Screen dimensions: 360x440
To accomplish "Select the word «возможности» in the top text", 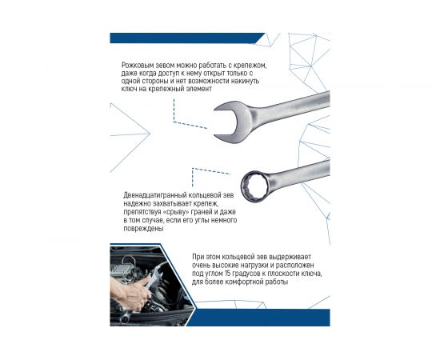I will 211,82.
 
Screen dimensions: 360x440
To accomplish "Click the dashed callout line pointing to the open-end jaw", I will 192,124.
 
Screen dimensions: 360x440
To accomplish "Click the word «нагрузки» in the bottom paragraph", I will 261,266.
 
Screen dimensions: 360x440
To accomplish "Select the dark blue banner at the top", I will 184,38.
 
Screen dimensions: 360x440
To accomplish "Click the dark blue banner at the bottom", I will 264,317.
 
